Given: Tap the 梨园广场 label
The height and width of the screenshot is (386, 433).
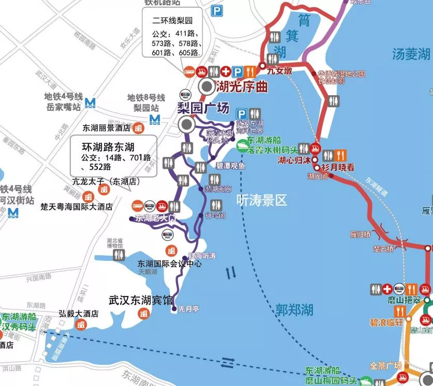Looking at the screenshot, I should [203, 109].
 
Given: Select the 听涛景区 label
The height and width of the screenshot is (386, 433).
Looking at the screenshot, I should [261, 200].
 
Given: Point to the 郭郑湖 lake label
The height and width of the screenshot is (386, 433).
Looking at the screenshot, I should [294, 310].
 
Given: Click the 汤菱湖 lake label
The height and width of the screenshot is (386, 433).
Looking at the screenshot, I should [411, 53].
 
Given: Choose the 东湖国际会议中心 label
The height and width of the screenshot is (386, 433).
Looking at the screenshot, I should [169, 263].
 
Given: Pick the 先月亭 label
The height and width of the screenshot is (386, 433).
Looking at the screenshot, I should [189, 309].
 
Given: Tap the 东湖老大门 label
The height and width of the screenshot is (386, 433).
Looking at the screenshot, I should [152, 218].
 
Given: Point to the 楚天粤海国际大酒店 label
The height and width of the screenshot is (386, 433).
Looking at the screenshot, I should [77, 206].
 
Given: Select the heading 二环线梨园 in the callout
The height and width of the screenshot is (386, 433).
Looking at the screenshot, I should [172, 21].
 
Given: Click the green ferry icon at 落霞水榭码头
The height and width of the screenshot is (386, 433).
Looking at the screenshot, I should [242, 146].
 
